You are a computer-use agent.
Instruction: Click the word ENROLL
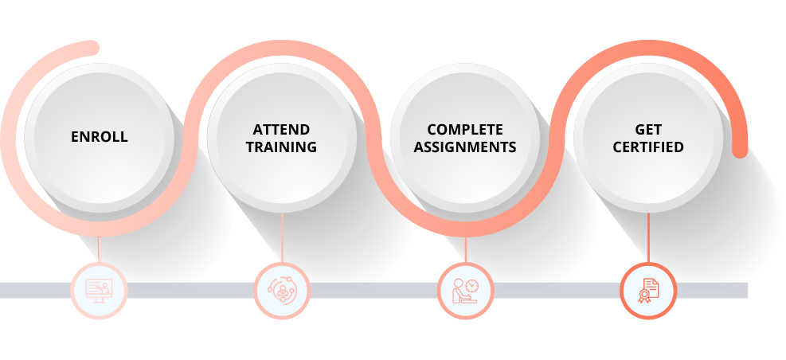[100, 137]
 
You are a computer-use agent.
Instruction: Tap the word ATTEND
[281, 130]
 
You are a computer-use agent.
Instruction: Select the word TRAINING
[281, 147]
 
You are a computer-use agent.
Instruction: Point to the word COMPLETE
[465, 130]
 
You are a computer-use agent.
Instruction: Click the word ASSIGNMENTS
[465, 147]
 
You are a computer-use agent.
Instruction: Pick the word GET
[648, 130]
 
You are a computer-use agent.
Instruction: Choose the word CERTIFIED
[648, 147]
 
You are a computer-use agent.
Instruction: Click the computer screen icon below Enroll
[99, 291]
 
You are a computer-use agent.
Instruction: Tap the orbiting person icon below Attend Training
[282, 290]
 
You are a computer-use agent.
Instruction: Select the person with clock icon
[465, 291]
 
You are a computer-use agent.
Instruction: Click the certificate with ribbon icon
[648, 291]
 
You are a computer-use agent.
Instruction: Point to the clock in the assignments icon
[471, 286]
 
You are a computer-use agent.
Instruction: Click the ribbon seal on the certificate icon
[643, 295]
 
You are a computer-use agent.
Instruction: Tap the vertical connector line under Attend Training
[282, 237]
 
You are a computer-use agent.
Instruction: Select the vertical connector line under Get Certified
[648, 237]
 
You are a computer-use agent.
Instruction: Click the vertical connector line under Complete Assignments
[466, 249]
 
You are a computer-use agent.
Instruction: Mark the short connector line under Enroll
[99, 249]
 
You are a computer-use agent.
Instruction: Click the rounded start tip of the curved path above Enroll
[92, 48]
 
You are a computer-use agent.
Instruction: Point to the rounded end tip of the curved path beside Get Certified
[740, 151]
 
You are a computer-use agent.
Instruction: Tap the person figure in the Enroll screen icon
[106, 289]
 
